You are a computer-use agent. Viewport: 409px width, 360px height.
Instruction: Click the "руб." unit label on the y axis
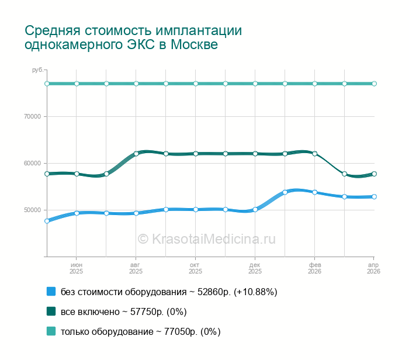(x=38, y=70)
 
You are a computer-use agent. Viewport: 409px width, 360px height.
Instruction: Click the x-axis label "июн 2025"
(x=77, y=268)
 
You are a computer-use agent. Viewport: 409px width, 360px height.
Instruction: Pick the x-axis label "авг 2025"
(x=136, y=268)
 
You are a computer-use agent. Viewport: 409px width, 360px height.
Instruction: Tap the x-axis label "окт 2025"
(x=196, y=268)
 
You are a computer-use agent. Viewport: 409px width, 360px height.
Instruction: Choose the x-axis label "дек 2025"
(x=255, y=268)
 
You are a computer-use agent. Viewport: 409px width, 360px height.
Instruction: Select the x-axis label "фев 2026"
(x=314, y=268)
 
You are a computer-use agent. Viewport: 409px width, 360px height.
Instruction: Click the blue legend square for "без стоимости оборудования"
(x=51, y=291)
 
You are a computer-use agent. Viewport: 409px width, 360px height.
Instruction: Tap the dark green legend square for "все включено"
(x=51, y=311)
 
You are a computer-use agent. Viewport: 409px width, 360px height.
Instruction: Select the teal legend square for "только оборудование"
(x=51, y=331)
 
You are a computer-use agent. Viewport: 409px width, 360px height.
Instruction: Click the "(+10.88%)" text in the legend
(x=255, y=292)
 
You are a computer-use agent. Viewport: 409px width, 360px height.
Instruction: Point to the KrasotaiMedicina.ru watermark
(x=206, y=239)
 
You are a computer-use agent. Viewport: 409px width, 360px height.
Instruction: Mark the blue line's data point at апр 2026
(x=374, y=196)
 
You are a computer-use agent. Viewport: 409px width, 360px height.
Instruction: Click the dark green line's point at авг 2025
(x=136, y=154)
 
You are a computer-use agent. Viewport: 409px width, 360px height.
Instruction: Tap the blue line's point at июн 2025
(x=77, y=213)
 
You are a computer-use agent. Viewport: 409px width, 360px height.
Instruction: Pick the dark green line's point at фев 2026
(x=314, y=154)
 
